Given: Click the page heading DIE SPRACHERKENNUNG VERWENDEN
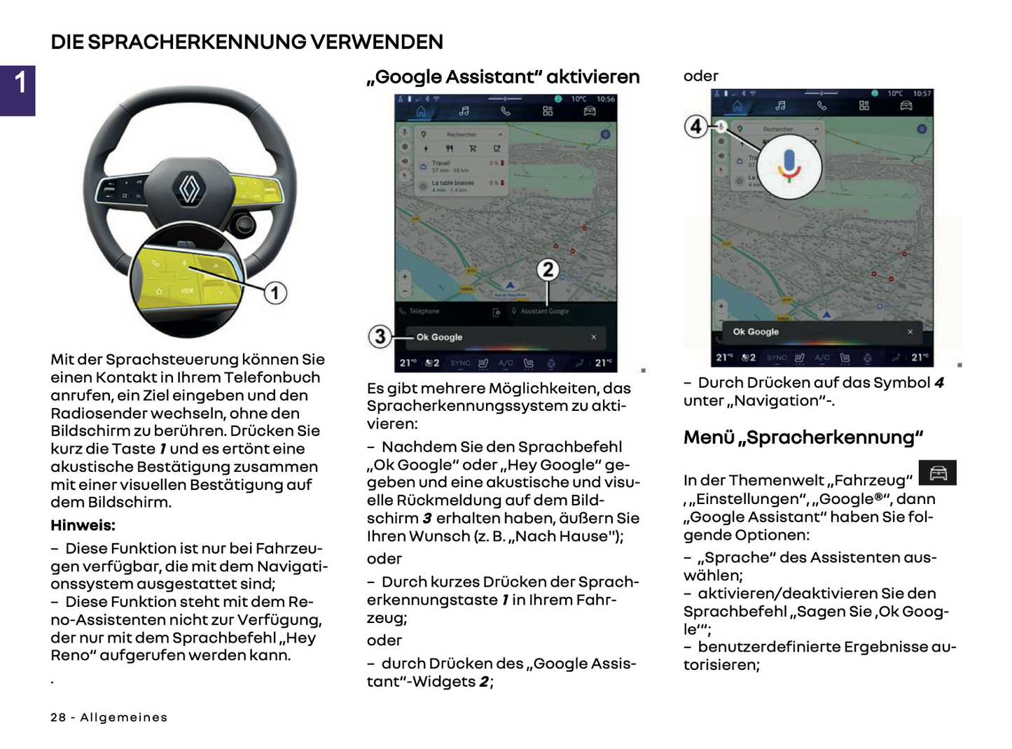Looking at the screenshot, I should click(247, 42).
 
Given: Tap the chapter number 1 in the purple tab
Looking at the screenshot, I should click(20, 83).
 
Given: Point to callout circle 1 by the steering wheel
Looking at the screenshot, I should click(275, 293).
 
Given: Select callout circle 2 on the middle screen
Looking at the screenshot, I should click(548, 269).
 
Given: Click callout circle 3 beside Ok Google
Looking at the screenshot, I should click(380, 337).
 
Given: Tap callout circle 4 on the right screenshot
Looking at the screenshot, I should click(695, 127).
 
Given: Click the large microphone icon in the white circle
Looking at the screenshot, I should click(789, 165).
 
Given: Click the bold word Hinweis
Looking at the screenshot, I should click(83, 525).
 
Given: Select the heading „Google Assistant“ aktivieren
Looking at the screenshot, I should click(503, 77).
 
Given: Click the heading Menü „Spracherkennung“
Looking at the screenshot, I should click(803, 437).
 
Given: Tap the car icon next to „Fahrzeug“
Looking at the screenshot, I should click(938, 473).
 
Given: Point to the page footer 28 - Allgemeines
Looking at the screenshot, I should click(109, 717).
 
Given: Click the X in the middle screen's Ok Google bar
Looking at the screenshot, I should click(594, 337).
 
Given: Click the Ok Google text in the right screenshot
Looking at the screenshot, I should click(756, 332).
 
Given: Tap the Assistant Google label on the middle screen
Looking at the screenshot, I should click(544, 311).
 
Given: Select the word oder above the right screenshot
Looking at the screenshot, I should click(701, 76).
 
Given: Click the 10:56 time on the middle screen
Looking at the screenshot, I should click(606, 99).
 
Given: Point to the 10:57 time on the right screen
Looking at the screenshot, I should click(922, 94).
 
